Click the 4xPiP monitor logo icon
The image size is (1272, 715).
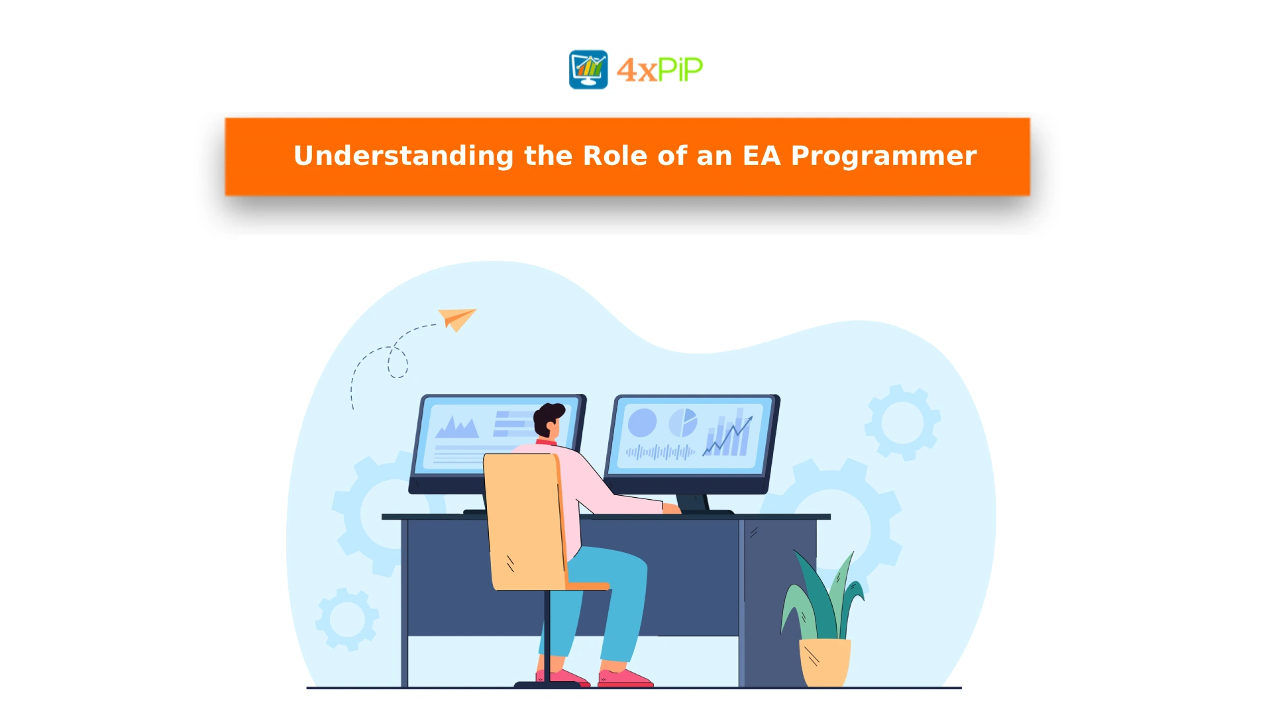coord(588,70)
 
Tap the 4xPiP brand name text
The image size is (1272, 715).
coord(660,70)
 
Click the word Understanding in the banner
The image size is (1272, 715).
coord(403,156)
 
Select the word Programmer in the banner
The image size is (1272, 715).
coord(884,157)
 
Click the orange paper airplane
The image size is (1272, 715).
coord(457,319)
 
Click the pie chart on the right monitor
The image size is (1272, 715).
coord(683,422)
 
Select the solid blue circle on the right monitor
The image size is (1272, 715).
coord(642,423)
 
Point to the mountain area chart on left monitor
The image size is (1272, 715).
coord(456,427)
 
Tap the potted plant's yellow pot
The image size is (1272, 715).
coord(825,663)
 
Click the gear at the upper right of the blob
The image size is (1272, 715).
coord(902,422)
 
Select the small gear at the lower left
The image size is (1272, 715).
coord(347,619)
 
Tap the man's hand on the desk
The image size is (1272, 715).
coord(671,508)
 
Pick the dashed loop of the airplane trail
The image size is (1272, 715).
coord(397,362)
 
